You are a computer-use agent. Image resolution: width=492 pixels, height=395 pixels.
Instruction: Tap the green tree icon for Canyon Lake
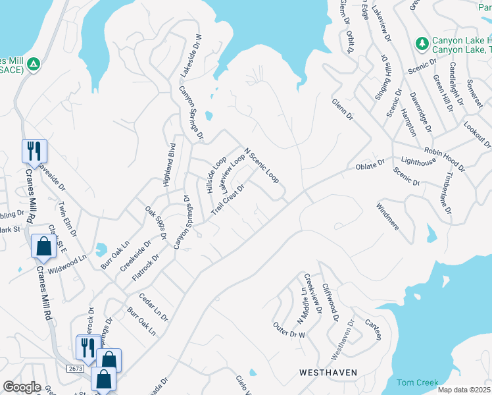pos(422,43)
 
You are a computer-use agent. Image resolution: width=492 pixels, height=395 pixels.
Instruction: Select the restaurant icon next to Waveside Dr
pos(33,151)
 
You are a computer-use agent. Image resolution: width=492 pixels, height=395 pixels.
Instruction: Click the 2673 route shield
pos(75,369)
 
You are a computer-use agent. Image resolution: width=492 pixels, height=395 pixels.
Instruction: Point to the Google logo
pos(22,387)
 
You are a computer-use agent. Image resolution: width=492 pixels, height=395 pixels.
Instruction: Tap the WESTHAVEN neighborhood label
pos(328,373)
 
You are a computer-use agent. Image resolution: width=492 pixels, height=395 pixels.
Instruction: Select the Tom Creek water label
pos(417,382)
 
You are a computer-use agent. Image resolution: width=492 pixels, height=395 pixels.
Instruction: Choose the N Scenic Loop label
pos(262,165)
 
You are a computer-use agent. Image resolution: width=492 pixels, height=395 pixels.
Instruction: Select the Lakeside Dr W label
pos(197,55)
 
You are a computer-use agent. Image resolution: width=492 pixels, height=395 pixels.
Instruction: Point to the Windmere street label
pos(387,215)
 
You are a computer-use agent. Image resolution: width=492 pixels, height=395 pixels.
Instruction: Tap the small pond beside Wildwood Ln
pos(101,250)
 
